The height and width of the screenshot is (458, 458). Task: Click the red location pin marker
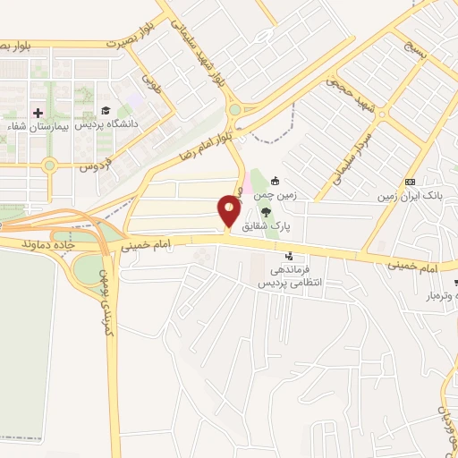click(229, 211)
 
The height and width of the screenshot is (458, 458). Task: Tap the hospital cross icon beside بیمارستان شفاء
click(38, 112)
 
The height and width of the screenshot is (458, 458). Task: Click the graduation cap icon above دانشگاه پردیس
click(106, 110)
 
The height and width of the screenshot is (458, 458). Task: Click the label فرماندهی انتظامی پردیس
click(290, 276)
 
